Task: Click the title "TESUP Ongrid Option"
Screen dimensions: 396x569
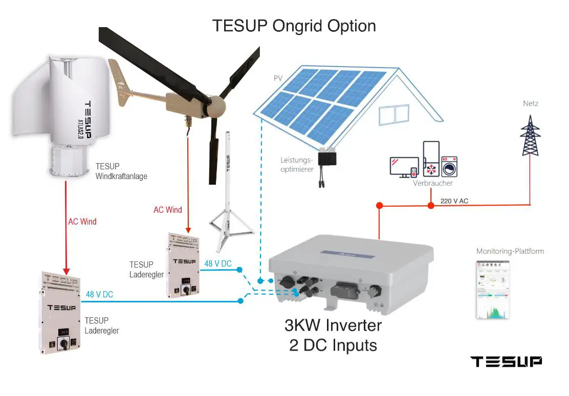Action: tap(294, 26)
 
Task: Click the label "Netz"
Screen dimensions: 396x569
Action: tap(530, 104)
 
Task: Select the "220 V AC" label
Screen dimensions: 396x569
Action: tap(454, 201)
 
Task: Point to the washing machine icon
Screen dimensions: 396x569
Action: tap(449, 167)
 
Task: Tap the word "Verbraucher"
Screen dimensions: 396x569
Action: tap(432, 183)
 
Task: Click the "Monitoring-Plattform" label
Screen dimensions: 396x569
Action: tap(510, 251)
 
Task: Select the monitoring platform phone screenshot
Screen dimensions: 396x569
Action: tap(492, 289)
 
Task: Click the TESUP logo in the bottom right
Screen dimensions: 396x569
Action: tap(506, 362)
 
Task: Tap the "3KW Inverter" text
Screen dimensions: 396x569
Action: tap(333, 325)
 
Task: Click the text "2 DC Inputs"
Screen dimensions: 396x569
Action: tap(333, 345)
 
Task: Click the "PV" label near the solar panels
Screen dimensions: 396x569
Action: tap(278, 79)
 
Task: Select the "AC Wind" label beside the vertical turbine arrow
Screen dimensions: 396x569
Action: tap(82, 222)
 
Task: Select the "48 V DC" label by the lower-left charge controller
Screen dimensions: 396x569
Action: tap(99, 295)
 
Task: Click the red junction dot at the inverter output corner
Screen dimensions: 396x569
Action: tap(379, 206)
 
